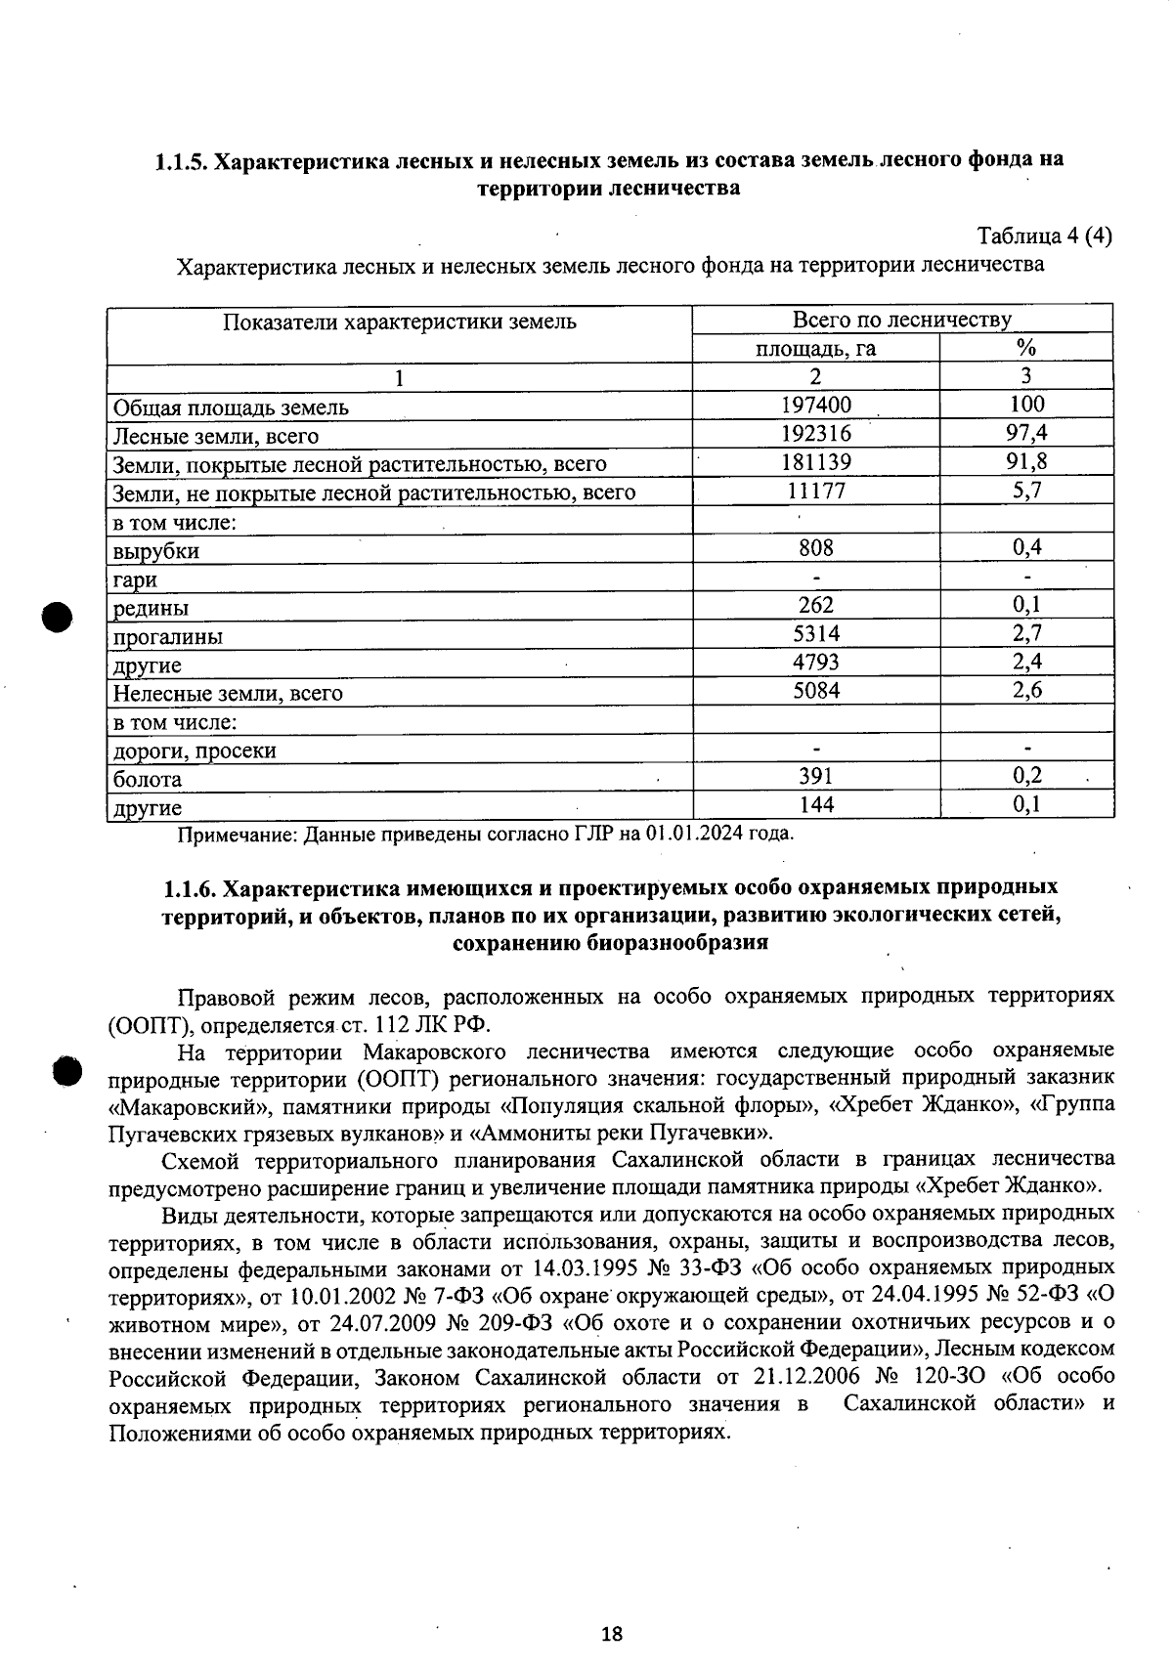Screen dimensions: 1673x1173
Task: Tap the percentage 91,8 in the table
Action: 1025,462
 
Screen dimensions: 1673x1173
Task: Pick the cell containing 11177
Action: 815,491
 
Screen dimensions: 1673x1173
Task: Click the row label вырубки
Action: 156,551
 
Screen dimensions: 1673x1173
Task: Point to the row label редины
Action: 151,609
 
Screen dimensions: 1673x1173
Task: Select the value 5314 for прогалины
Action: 815,634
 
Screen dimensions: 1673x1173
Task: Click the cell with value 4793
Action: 815,663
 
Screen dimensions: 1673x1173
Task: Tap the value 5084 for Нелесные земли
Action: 815,691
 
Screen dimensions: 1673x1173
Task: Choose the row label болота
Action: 148,780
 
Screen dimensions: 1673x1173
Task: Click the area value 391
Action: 815,776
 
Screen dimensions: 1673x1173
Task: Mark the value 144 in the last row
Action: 815,804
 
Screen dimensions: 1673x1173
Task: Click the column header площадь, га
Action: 815,348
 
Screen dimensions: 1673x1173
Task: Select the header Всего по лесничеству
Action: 901,320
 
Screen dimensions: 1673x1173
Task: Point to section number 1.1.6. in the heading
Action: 190,888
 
